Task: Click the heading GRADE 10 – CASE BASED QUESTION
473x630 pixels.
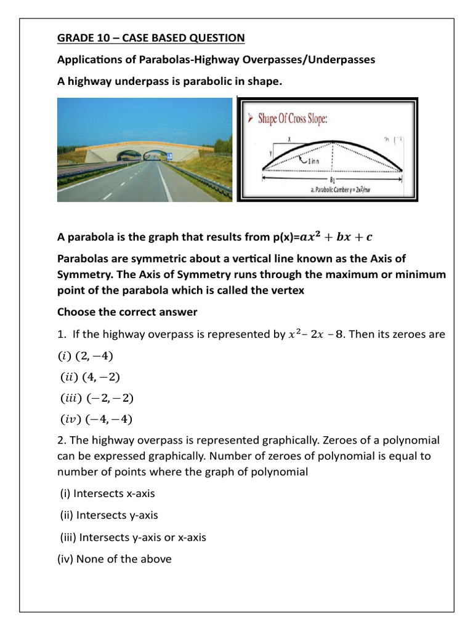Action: (x=151, y=38)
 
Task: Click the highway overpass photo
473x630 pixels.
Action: (x=145, y=151)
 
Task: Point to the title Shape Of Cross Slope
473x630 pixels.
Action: (x=293, y=119)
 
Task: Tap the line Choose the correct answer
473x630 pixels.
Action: (x=127, y=312)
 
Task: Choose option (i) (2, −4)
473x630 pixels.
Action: (x=86, y=356)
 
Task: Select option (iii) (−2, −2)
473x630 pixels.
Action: (x=97, y=398)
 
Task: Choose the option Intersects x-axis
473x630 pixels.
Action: (x=116, y=493)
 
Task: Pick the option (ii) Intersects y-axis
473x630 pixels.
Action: (x=113, y=515)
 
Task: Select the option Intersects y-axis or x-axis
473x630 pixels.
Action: (x=133, y=537)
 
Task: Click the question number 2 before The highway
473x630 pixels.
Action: (x=60, y=441)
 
